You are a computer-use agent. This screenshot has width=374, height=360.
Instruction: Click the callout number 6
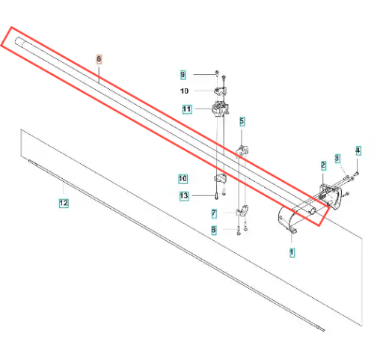(99, 59)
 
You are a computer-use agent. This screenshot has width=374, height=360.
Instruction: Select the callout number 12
(64, 203)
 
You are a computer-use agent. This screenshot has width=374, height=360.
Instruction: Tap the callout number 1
(292, 252)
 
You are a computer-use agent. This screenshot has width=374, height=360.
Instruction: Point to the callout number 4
(358, 150)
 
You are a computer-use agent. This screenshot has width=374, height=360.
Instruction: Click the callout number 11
(187, 109)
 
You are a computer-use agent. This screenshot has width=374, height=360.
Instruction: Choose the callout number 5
(242, 121)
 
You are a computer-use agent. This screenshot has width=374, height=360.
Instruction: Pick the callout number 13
(184, 196)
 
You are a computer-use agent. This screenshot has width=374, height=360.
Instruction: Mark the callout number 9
(183, 75)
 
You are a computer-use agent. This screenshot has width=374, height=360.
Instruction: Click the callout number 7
(214, 214)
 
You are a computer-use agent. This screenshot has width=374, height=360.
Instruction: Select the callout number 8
(214, 230)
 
